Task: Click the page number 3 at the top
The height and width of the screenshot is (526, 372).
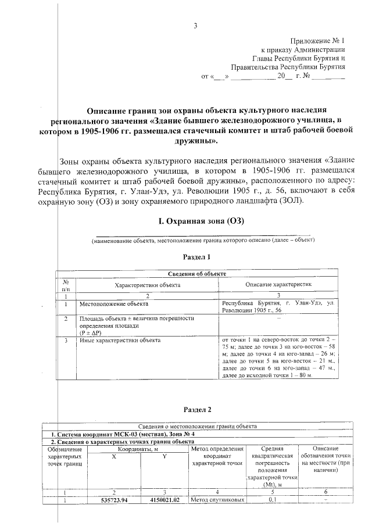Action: pyautogui.click(x=195, y=25)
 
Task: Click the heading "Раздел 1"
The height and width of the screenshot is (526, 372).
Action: pyautogui.click(x=196, y=257)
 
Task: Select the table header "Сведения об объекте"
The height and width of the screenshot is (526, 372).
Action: pyautogui.click(x=197, y=274)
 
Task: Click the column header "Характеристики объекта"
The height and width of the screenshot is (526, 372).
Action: pyautogui.click(x=147, y=285)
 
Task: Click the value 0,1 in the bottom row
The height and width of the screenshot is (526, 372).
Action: pyautogui.click(x=271, y=499)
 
